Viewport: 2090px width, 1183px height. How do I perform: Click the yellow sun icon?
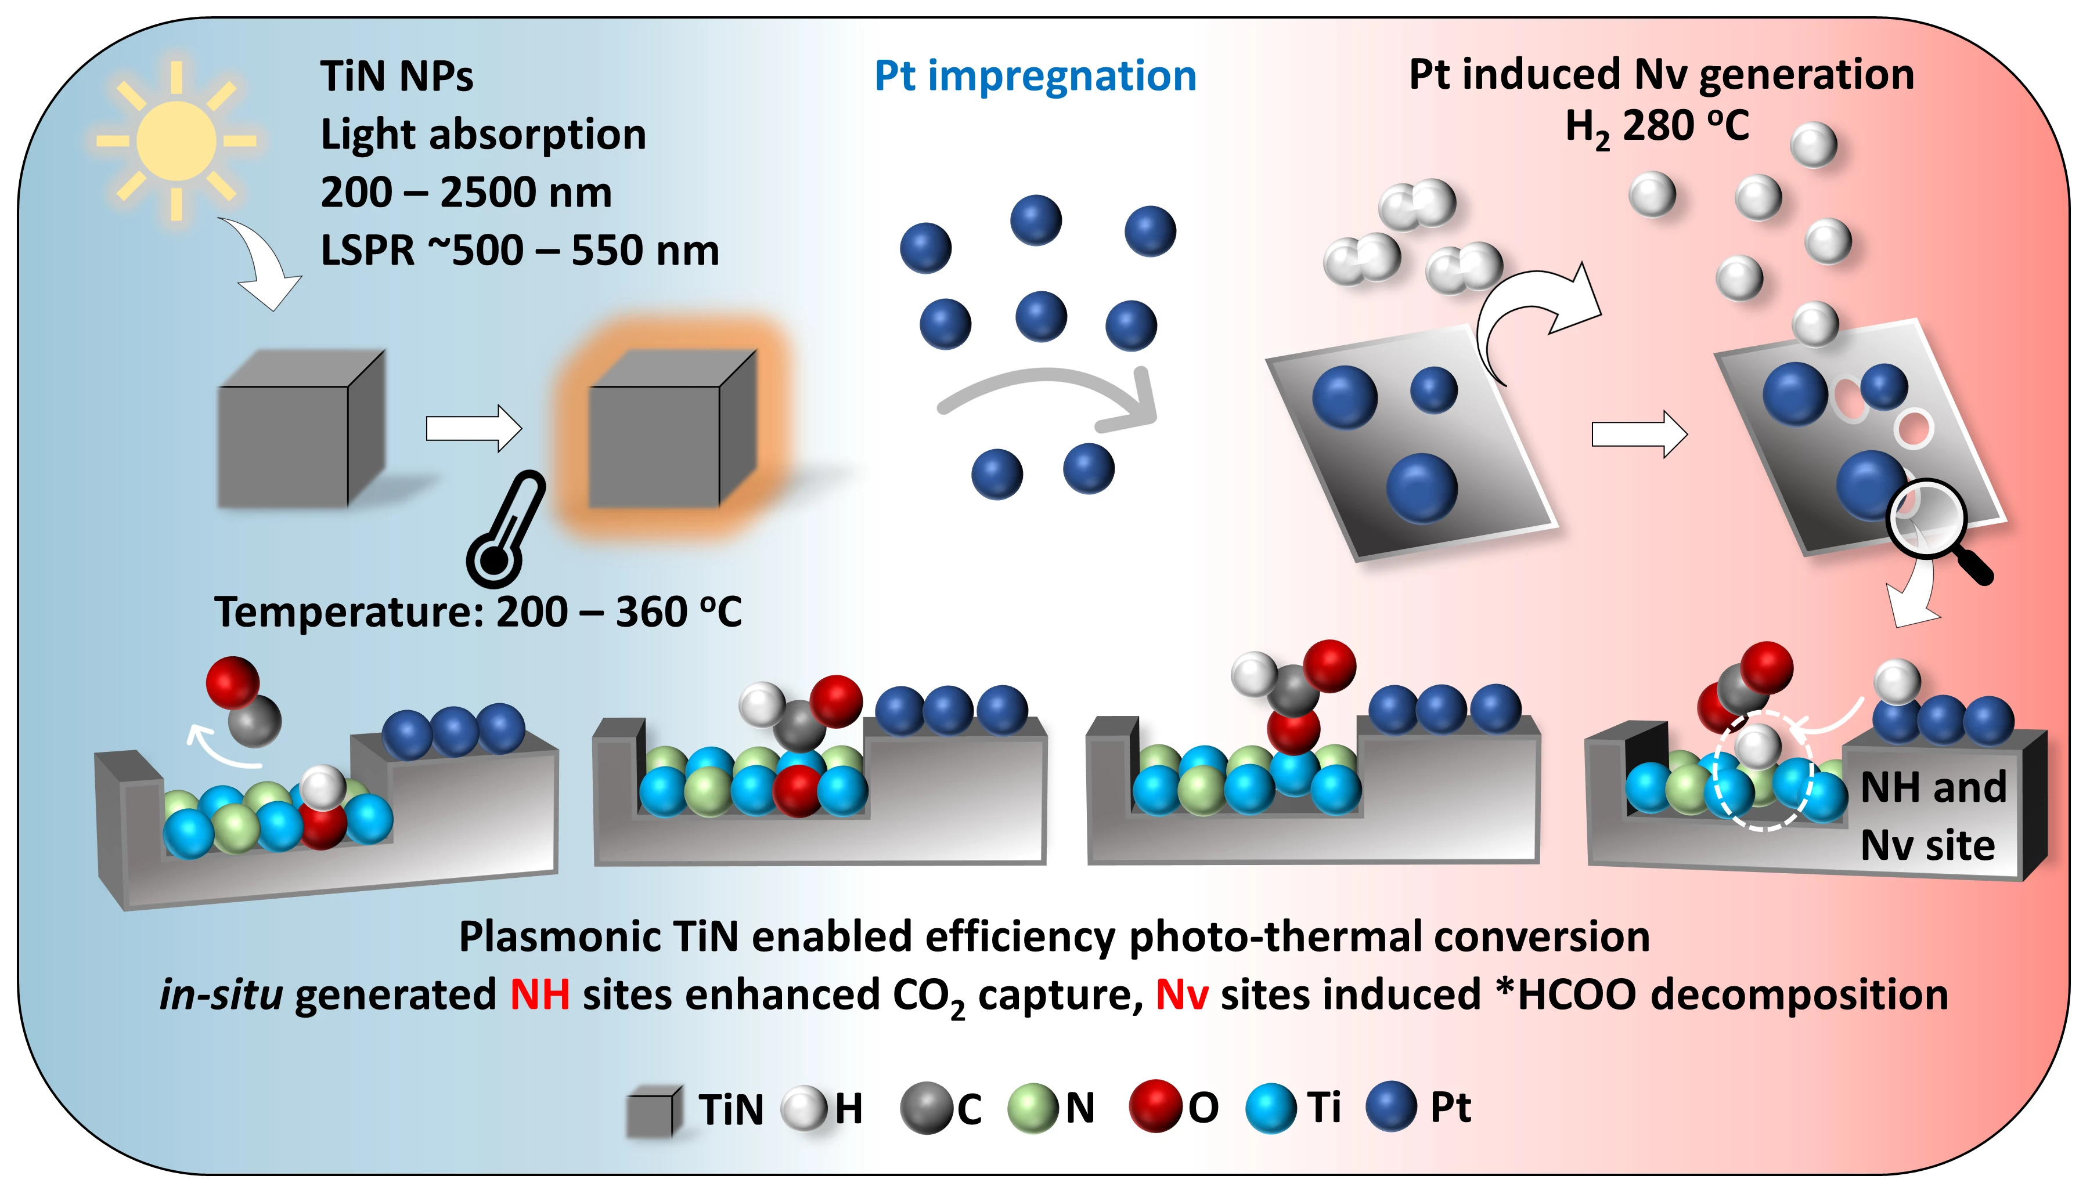pyautogui.click(x=176, y=140)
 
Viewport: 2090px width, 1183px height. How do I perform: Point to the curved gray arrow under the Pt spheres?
pyautogui.click(x=1048, y=398)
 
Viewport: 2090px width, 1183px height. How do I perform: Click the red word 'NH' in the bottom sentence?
pyautogui.click(x=540, y=994)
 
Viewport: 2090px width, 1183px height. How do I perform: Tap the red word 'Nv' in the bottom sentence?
pyautogui.click(x=1181, y=994)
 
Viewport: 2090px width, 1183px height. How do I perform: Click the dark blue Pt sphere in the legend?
pyautogui.click(x=1392, y=1106)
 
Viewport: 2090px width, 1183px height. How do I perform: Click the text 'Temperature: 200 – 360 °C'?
pyautogui.click(x=478, y=612)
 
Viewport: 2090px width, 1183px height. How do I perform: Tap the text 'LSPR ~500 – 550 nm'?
pyautogui.click(x=520, y=250)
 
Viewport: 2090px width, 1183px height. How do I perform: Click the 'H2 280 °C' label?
pyautogui.click(x=1657, y=128)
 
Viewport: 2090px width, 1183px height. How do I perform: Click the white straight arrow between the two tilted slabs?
pyautogui.click(x=1638, y=434)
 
